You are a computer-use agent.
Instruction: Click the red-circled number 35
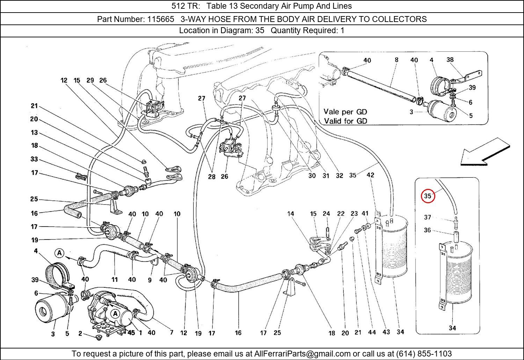(428, 196)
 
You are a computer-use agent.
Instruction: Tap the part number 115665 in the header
(160, 19)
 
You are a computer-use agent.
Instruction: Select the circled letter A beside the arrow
(60, 253)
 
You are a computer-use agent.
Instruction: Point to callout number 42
(370, 175)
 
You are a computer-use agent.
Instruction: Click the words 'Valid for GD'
(345, 121)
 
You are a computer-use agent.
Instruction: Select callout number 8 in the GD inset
(396, 60)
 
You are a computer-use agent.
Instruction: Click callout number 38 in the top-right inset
(450, 60)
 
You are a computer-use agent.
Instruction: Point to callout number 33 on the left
(34, 159)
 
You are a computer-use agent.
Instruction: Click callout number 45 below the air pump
(131, 333)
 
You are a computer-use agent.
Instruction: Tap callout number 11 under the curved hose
(115, 279)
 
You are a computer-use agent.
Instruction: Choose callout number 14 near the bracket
(291, 214)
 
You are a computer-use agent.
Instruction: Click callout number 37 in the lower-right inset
(428, 217)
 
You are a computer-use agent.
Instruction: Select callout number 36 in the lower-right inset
(428, 230)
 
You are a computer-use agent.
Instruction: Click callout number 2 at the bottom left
(80, 333)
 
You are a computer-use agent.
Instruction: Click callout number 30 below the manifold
(312, 176)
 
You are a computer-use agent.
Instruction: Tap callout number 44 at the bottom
(372, 332)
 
